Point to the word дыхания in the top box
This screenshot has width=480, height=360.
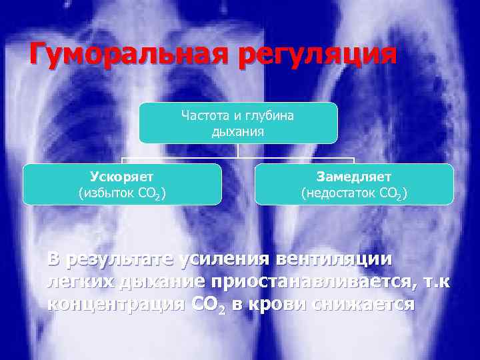238,131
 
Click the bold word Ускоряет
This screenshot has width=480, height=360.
122,177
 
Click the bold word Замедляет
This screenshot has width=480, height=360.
354,177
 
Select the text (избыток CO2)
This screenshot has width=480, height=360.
122,194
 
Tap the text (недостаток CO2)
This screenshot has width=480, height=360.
354,194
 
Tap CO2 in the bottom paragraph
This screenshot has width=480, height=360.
209,305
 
